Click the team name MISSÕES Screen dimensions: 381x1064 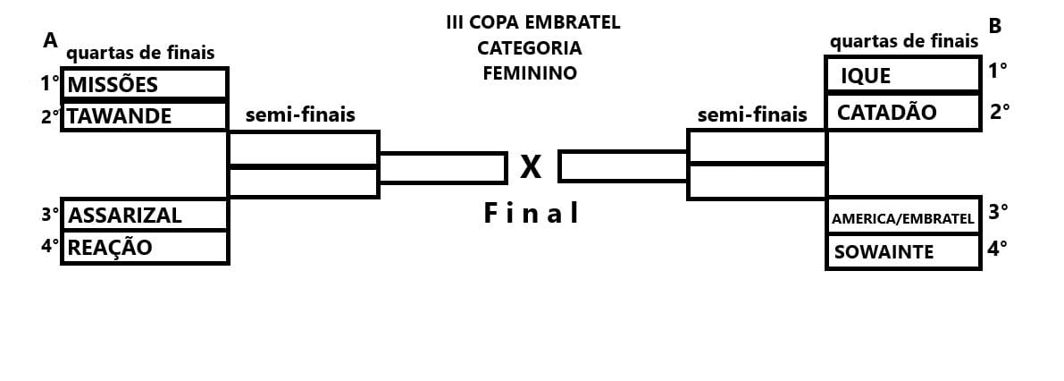tap(113, 84)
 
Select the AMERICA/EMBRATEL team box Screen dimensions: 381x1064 tap(902, 218)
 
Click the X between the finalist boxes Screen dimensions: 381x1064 tap(532, 166)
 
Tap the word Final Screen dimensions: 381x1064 tap(532, 214)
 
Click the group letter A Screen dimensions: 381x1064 tap(50, 40)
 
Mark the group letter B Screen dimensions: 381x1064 tap(994, 27)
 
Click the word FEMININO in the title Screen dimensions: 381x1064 tap(530, 74)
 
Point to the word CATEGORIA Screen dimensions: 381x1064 tap(530, 47)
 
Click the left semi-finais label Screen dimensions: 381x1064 tap(300, 114)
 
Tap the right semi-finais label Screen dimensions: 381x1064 tap(751, 114)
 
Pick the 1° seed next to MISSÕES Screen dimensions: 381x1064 tap(49, 84)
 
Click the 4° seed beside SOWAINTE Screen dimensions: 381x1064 tap(998, 249)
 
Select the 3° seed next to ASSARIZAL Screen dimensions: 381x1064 tap(49, 215)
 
